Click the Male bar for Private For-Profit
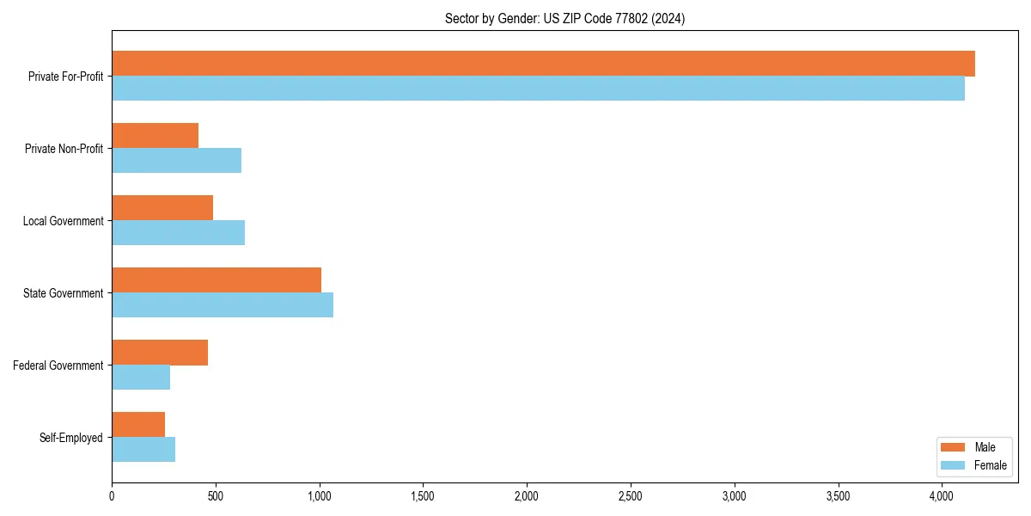pos(543,64)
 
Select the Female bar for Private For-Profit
pos(538,89)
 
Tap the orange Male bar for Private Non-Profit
pos(156,136)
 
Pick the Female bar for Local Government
pos(178,233)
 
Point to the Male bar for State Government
pos(217,280)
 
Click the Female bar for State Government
pos(223,305)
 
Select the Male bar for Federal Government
pos(160,353)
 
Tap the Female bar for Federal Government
pos(141,378)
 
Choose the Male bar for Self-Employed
pos(138,425)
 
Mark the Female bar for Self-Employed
pos(143,450)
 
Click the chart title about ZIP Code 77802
pos(564,18)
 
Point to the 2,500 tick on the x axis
pos(631,496)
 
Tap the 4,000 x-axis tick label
pos(942,496)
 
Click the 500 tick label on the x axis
pos(216,496)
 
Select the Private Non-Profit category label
pos(64,149)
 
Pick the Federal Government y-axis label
pos(58,365)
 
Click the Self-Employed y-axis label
pos(71,438)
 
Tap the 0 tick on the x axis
pos(112,496)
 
